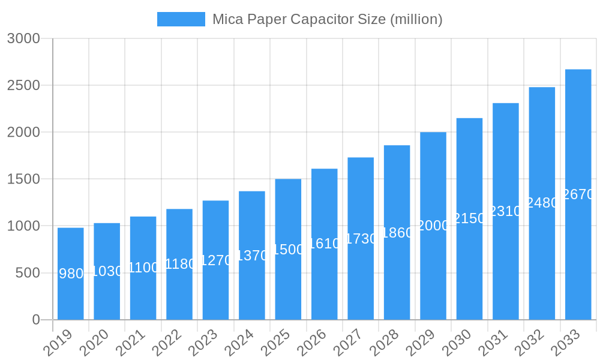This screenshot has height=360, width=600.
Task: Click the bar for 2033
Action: (x=578, y=258)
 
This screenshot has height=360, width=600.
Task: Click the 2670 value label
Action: (x=578, y=194)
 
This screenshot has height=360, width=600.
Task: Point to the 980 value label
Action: (x=71, y=274)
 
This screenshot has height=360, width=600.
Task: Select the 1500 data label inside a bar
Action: (x=288, y=250)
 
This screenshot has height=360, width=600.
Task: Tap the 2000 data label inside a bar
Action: (x=433, y=226)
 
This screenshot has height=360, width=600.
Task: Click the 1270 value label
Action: (x=215, y=260)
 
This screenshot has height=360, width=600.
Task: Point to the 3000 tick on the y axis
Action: (x=23, y=38)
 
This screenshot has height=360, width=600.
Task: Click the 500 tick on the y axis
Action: (x=27, y=273)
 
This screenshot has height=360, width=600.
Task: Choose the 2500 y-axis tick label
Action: (x=23, y=85)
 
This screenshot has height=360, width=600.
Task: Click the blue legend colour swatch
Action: (x=181, y=19)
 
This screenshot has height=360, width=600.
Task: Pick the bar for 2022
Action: (x=179, y=294)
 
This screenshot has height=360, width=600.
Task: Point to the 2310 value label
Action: (x=506, y=211)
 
